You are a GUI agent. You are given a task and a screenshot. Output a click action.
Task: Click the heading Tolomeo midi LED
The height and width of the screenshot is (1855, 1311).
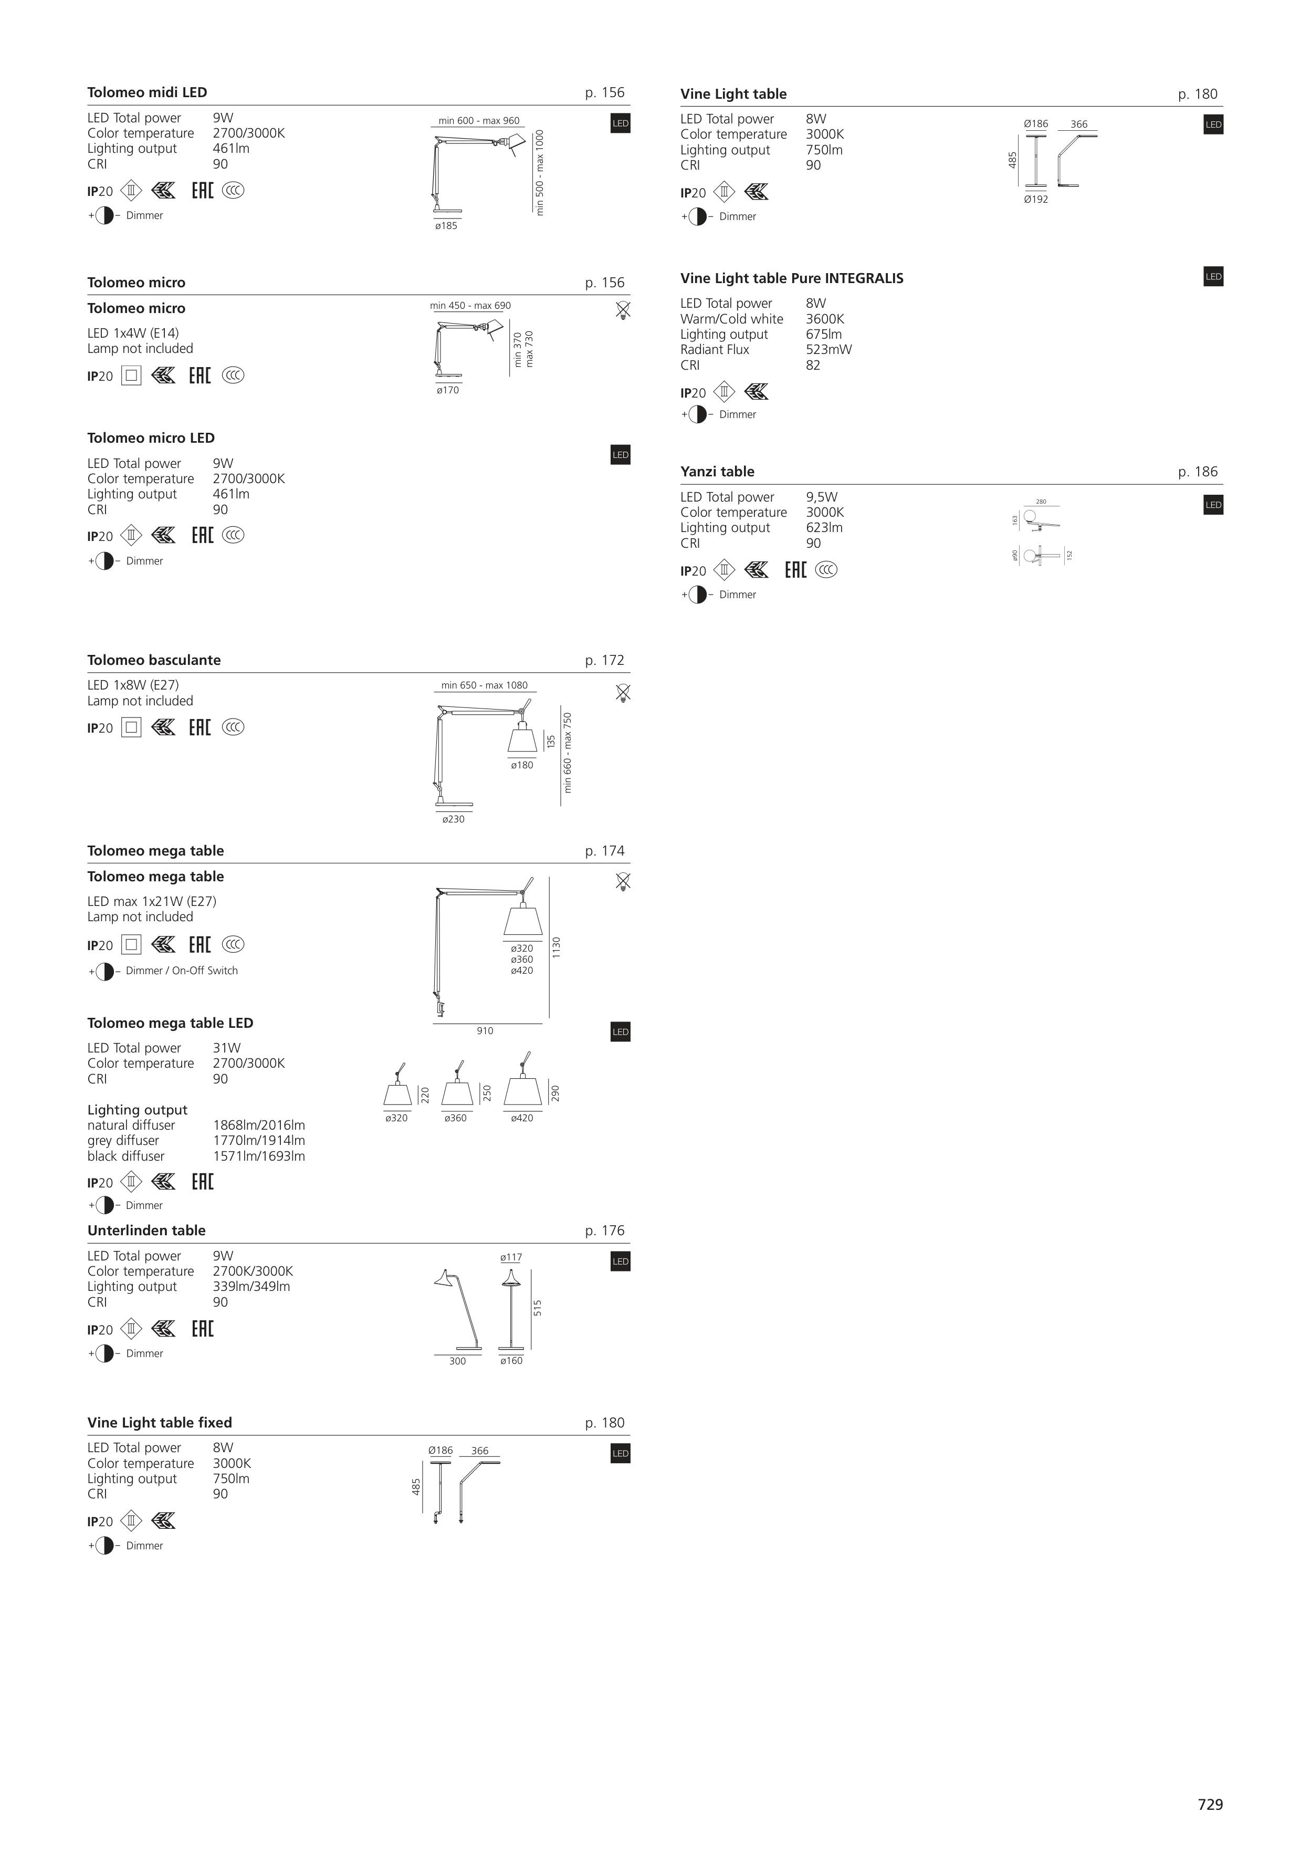[x=147, y=92]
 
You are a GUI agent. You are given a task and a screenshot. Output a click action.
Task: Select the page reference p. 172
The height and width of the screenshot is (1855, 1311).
[x=604, y=660]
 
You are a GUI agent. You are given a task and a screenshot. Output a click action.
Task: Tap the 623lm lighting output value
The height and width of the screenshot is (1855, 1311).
[x=824, y=528]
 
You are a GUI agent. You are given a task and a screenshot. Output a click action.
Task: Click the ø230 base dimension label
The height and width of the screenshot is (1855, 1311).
[x=453, y=819]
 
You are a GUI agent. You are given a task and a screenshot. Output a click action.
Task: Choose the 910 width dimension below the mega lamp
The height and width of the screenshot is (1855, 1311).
[x=485, y=1031]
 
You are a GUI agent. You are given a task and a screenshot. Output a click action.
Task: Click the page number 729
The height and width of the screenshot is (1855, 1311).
[x=1210, y=1804]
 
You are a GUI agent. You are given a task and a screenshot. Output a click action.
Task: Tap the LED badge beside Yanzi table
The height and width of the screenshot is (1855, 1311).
[x=1213, y=505]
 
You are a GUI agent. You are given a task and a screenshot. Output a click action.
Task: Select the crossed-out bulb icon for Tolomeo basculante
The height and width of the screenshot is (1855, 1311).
[x=623, y=693]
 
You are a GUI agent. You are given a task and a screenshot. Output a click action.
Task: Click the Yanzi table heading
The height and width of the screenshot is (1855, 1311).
[x=717, y=472]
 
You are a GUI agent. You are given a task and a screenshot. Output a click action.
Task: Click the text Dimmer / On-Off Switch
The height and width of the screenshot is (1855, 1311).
[x=182, y=971]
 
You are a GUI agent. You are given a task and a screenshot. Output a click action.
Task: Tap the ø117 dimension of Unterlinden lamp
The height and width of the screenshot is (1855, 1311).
[x=511, y=1257]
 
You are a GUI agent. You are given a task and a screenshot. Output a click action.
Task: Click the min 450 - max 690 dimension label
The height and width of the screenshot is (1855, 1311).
[x=470, y=306]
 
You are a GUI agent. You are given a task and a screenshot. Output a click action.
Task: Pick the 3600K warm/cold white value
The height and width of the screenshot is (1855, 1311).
[x=825, y=319]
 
